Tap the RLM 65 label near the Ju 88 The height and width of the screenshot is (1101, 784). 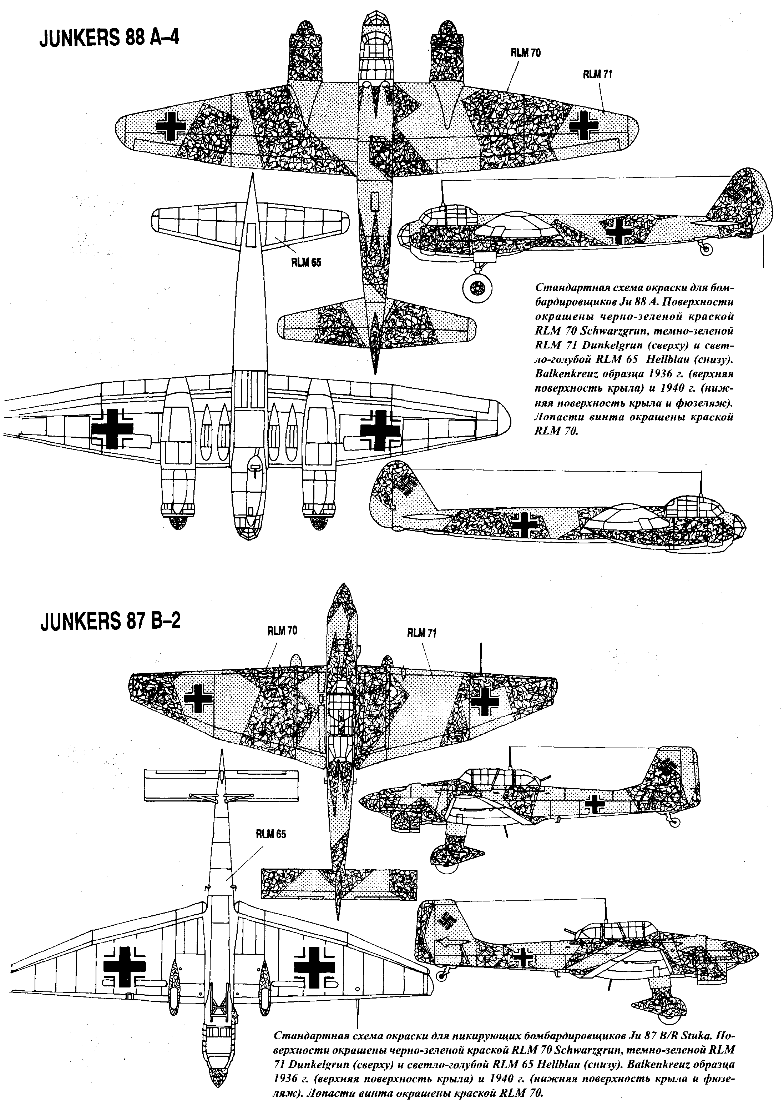(x=306, y=263)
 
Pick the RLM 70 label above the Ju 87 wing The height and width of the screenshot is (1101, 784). (x=282, y=631)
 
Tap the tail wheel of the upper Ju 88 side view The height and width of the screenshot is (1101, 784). (x=706, y=249)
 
